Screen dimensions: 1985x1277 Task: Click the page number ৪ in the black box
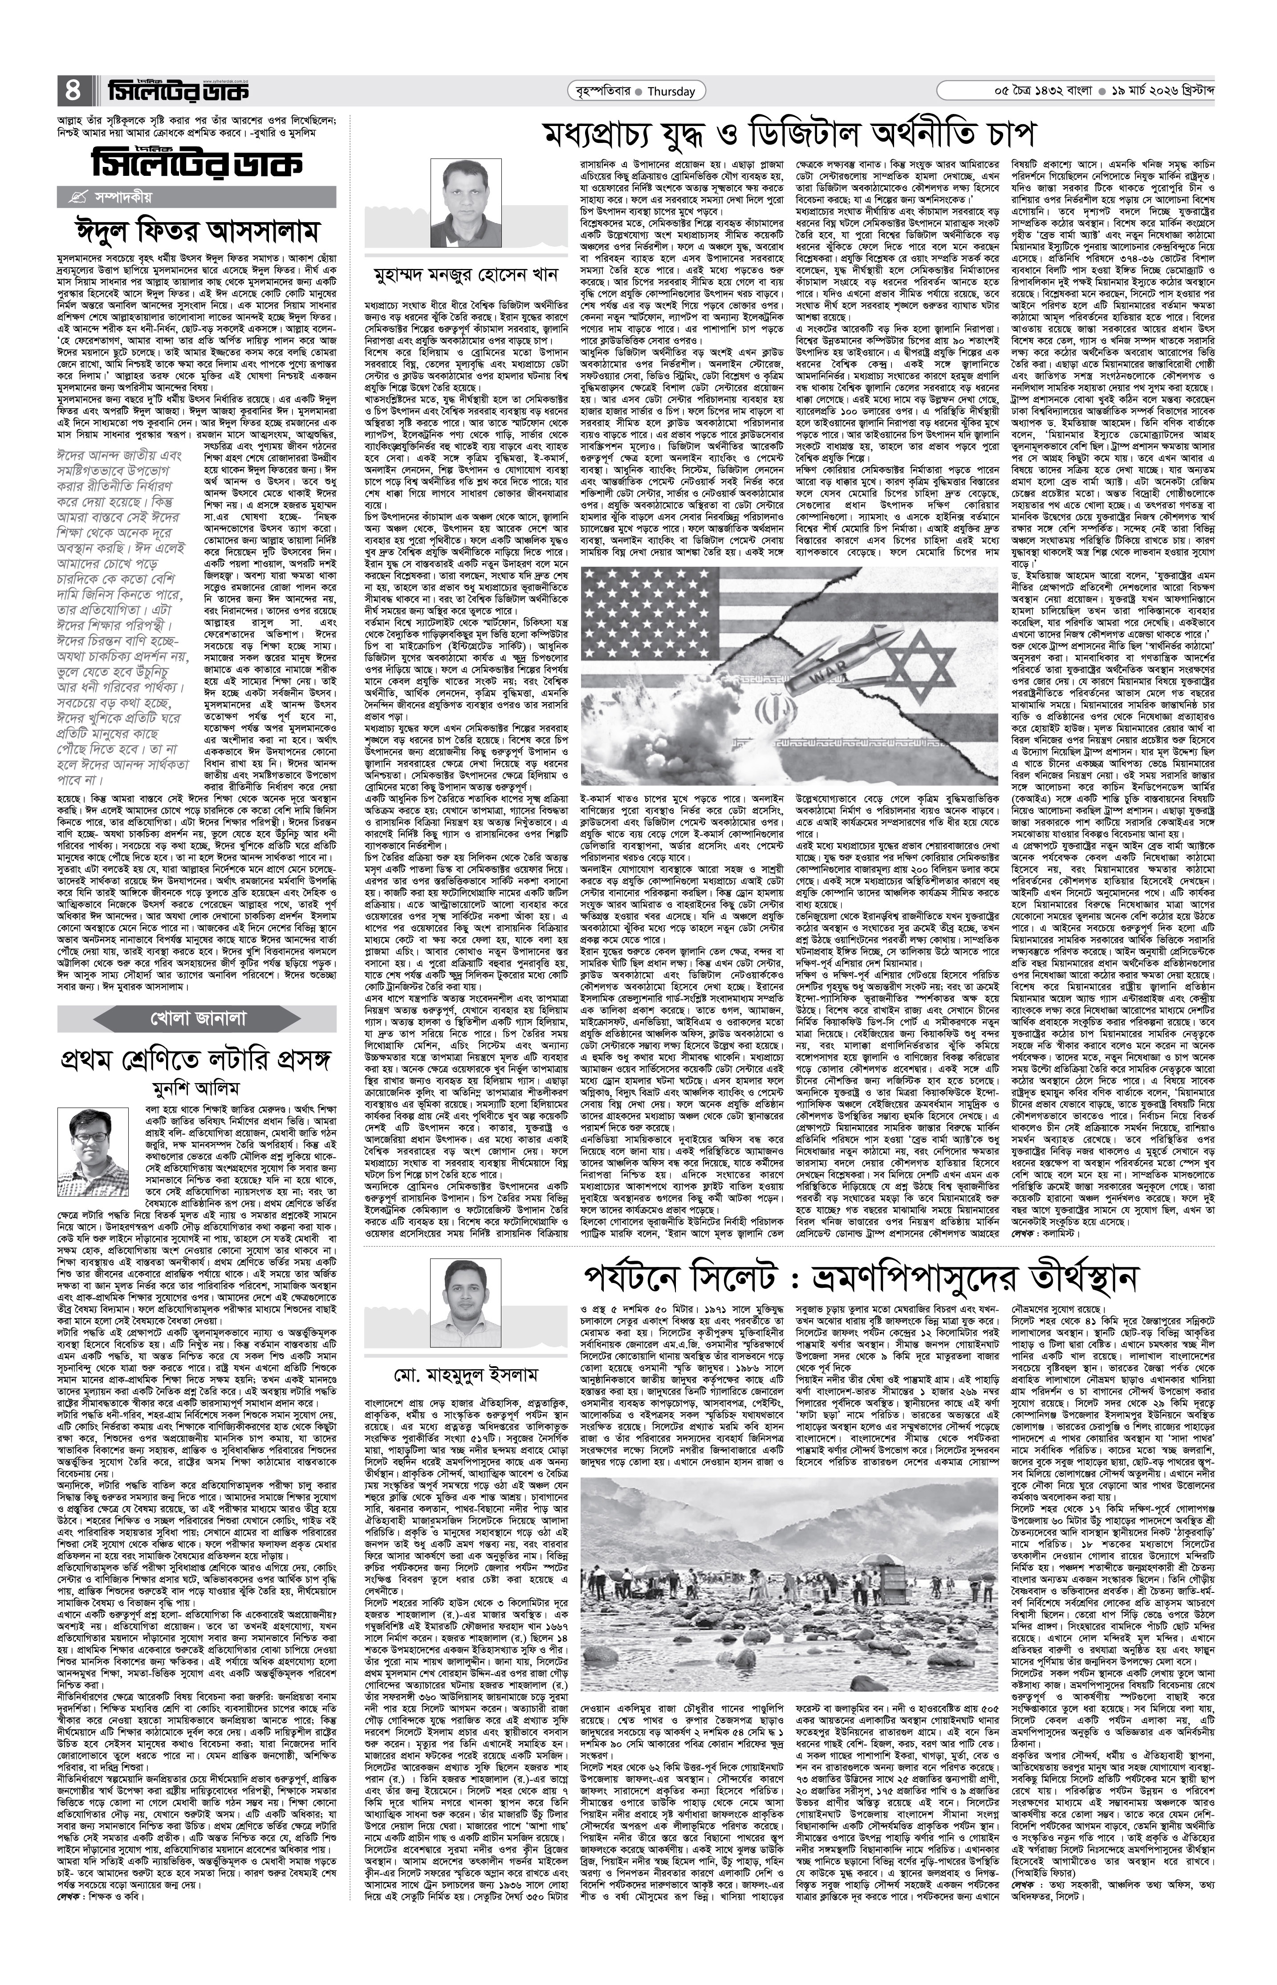point(73,89)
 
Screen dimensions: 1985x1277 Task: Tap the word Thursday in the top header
point(671,91)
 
